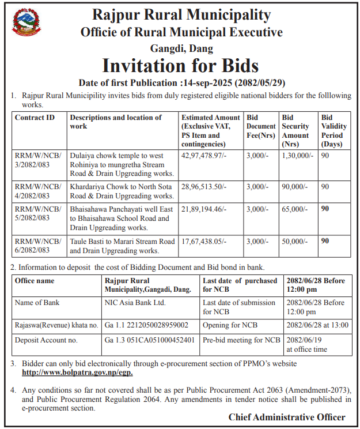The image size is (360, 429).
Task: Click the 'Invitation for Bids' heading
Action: pos(180,63)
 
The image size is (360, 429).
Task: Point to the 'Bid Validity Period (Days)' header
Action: pos(334,130)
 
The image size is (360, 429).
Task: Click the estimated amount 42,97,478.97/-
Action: pos(204,156)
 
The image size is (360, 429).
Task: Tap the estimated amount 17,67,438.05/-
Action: pos(204,242)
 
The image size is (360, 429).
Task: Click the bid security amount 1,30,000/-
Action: pos(297,156)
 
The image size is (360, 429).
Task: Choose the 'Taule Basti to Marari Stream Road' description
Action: pos(122,246)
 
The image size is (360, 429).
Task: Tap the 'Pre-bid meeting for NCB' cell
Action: pos(241,340)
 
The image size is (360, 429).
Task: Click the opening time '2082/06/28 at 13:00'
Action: pos(317,325)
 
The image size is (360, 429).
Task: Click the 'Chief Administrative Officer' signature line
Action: pos(287,417)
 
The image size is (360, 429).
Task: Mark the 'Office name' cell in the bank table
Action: pos(35,281)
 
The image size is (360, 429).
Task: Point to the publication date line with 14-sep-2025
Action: pos(180,82)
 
